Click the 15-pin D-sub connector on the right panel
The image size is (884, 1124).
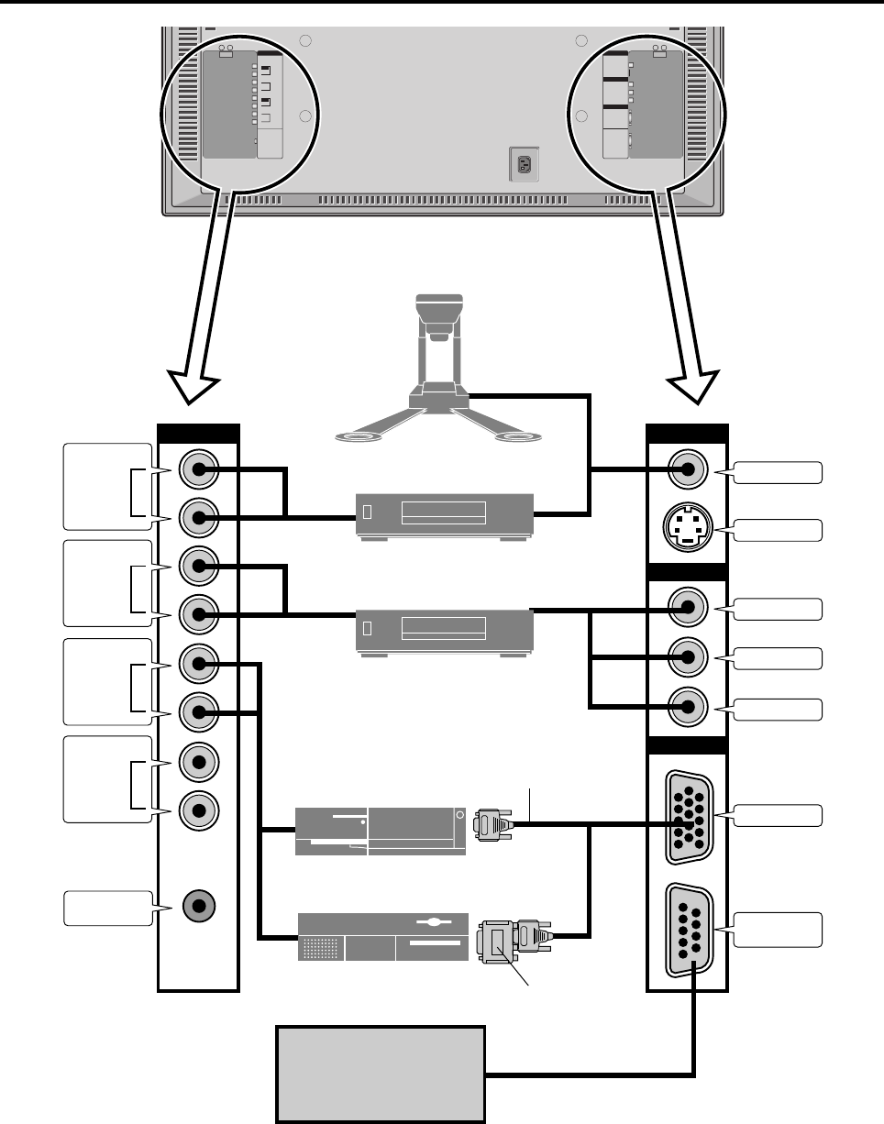coord(687,813)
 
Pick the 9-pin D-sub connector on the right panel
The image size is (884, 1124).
coord(687,930)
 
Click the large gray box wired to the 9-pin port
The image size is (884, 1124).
coord(381,1074)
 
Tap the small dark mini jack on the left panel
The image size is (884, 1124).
coord(198,907)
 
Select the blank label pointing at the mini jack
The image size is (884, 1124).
coord(105,907)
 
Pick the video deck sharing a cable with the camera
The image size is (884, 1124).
coord(444,515)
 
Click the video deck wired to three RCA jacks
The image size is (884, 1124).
coord(444,630)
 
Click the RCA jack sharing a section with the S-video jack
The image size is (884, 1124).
coord(688,471)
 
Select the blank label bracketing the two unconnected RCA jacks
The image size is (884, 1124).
coord(107,777)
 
